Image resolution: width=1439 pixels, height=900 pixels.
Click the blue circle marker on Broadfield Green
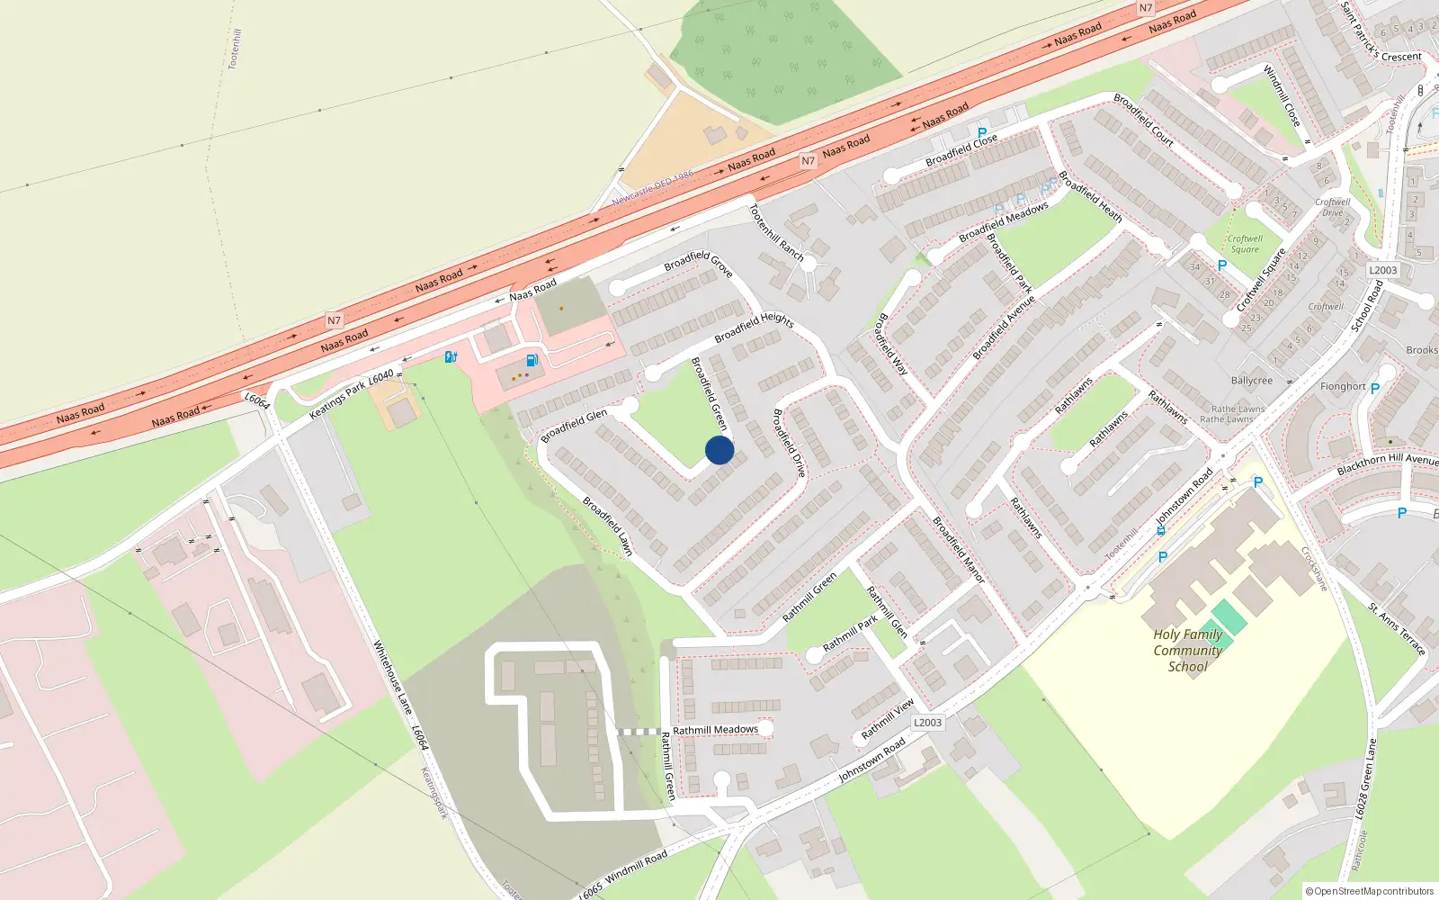tap(719, 450)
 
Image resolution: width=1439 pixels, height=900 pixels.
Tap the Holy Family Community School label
tap(1188, 650)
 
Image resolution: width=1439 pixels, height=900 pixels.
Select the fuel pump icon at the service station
tap(532, 360)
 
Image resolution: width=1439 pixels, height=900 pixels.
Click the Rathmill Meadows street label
tap(715, 730)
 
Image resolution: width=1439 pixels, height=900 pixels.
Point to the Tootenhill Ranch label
tap(777, 232)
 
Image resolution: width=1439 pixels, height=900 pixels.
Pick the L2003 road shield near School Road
tap(1383, 270)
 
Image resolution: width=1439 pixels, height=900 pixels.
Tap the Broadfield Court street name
tap(1143, 119)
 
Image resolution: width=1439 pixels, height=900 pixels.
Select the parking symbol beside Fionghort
tap(1374, 389)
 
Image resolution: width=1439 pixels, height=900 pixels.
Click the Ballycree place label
tap(1252, 381)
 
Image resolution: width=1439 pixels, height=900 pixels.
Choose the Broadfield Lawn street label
tap(607, 526)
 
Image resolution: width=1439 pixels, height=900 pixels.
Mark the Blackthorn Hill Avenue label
tap(1387, 463)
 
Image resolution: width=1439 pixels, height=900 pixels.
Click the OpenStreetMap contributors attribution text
tap(1370, 891)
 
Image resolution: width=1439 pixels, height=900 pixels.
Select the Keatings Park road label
tap(337, 400)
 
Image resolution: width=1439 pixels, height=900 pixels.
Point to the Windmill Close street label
tap(1282, 95)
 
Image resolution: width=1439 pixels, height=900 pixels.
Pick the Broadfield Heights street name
tap(754, 328)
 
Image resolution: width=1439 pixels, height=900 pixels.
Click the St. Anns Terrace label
tap(1397, 629)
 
